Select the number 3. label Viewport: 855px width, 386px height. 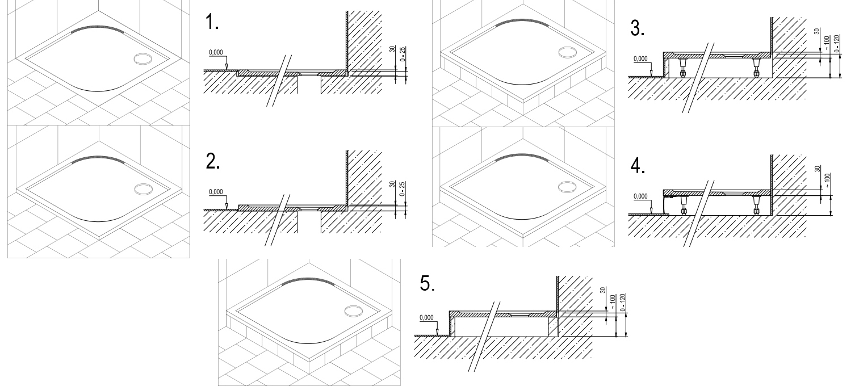tap(637, 30)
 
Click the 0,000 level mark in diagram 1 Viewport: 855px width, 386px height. tap(216, 53)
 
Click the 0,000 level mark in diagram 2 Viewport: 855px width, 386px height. tap(216, 192)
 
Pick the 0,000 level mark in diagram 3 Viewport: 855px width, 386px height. tap(640, 59)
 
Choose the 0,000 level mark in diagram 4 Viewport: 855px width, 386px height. tap(640, 197)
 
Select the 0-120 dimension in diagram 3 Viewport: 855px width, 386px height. tap(838, 41)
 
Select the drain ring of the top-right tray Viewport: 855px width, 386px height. tap(566, 52)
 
